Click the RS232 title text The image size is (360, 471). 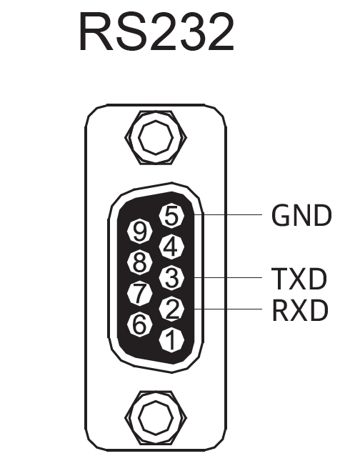[156, 32]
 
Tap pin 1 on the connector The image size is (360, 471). [171, 339]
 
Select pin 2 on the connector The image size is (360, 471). [171, 309]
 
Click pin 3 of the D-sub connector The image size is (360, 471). [171, 277]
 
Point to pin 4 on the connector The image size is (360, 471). [171, 247]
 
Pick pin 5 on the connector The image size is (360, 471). [171, 215]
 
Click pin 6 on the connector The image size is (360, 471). [139, 324]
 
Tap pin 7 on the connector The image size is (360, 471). [139, 293]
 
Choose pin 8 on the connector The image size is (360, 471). [139, 262]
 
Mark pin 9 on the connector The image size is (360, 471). [139, 232]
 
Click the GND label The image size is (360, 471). [301, 215]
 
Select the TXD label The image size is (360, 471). [299, 279]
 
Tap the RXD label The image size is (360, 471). [300, 310]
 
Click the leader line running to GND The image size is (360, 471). [228, 215]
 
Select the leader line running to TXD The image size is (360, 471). [228, 277]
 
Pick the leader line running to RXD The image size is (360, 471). [228, 309]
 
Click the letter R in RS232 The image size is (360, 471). [96, 32]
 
